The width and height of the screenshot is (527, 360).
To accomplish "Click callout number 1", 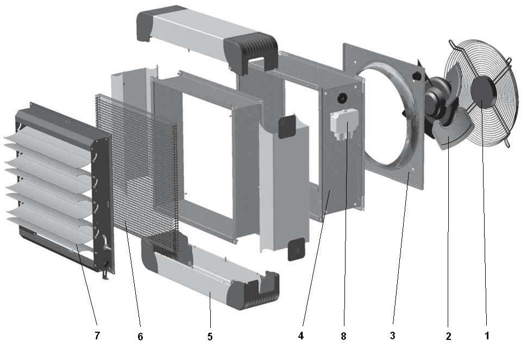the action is pos(487,335).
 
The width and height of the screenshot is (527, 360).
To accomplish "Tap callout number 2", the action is pos(448,336).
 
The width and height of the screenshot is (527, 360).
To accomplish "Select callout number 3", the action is pos(393,336).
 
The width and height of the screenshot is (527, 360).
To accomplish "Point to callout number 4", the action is pos(301,336).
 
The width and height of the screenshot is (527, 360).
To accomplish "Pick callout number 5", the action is pos(210,337).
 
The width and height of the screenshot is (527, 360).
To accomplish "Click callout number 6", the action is pos(140,337).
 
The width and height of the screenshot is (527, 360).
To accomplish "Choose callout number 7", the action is pos(97,336).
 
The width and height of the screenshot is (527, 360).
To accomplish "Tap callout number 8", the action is pos(343,336).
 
